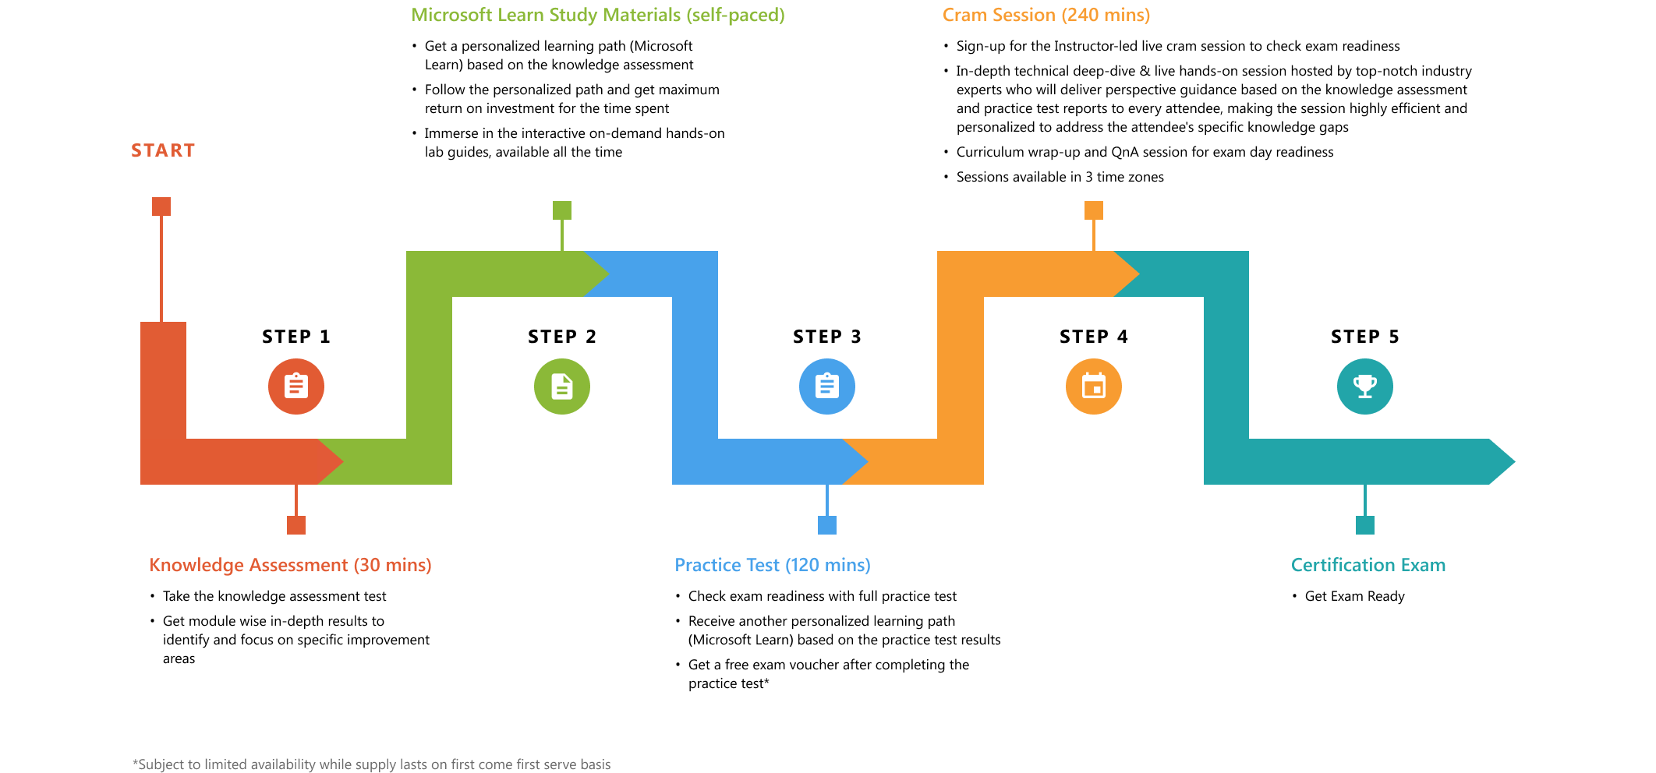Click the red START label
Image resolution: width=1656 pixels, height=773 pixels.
[163, 150]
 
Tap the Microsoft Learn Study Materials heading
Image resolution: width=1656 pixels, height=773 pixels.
[598, 16]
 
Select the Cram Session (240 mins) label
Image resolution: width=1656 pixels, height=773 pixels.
[1046, 16]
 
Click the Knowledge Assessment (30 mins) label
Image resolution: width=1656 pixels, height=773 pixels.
[290, 565]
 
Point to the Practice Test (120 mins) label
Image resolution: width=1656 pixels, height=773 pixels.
[773, 565]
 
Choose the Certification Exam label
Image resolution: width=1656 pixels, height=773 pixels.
[1368, 565]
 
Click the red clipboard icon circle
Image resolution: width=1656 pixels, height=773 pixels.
[296, 386]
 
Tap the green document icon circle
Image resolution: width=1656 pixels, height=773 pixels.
[562, 386]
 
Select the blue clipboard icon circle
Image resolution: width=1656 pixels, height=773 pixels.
[827, 386]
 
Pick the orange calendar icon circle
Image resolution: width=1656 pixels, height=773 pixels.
[1094, 386]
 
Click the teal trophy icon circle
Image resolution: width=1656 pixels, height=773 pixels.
[1365, 386]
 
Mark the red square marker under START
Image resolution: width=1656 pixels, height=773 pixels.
[161, 206]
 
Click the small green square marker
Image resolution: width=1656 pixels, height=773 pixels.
[562, 210]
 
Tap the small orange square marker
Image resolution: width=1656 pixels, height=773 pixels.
[1094, 210]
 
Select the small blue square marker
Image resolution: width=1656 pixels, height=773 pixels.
[827, 525]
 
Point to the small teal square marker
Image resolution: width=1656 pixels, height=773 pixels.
[1365, 525]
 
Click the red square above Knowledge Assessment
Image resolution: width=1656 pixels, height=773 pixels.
[296, 525]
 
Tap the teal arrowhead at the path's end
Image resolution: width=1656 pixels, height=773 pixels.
[1500, 462]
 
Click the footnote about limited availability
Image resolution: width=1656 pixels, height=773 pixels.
[371, 764]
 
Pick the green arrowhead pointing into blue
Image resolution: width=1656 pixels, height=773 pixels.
[596, 274]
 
